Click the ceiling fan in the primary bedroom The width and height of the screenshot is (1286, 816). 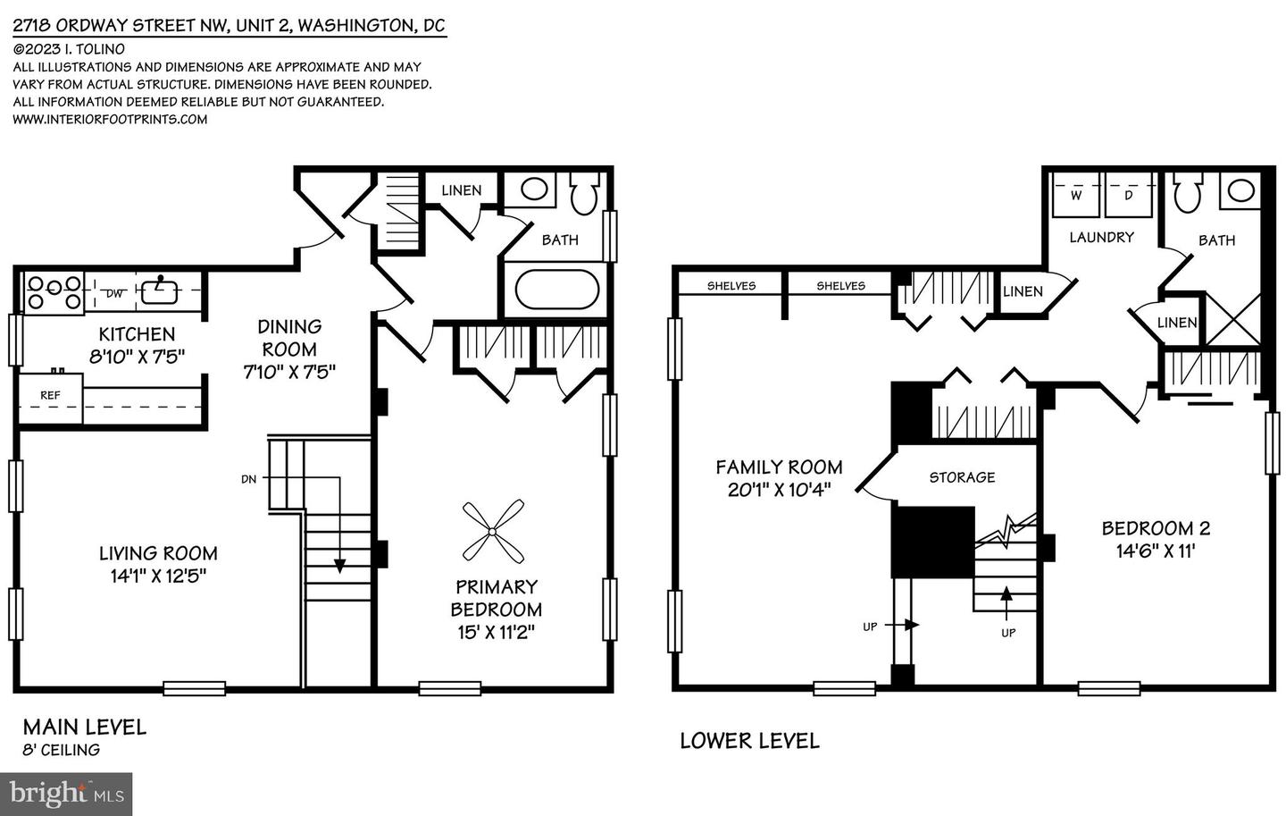(493, 532)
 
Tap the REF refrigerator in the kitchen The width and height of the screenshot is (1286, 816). (51, 399)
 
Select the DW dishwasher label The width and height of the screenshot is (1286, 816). (115, 294)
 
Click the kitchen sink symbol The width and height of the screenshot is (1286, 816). (159, 290)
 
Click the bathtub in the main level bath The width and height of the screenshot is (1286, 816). (557, 289)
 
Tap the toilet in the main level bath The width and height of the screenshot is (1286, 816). (584, 193)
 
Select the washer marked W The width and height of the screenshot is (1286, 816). (1075, 196)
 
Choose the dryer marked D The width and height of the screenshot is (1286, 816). (1128, 196)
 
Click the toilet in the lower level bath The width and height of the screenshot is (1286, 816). (1187, 193)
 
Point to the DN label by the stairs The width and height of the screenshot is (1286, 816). (248, 479)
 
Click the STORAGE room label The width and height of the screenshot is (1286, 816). (962, 477)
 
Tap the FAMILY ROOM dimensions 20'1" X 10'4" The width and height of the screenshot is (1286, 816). (779, 490)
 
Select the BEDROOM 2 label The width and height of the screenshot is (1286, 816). (1156, 528)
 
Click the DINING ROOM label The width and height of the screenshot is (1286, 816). (288, 338)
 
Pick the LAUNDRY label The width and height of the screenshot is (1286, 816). (1102, 238)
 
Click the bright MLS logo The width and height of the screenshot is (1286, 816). (66, 795)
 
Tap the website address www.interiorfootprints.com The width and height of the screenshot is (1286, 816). (110, 120)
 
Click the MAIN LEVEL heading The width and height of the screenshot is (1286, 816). (85, 728)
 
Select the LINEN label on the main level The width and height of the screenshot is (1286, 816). (462, 190)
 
